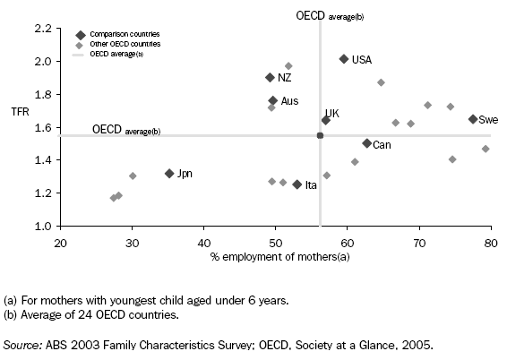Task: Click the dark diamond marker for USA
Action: (344, 59)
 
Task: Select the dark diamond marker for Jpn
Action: (168, 173)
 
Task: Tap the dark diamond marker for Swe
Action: (473, 119)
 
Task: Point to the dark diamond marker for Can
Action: (366, 143)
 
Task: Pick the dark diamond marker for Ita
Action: (297, 184)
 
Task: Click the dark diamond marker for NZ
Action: (270, 78)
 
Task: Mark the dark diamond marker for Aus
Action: (273, 101)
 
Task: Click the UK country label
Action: (331, 114)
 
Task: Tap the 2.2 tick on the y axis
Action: (41, 29)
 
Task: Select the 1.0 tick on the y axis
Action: (41, 226)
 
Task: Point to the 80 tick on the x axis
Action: (490, 242)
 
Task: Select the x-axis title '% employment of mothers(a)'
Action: (275, 258)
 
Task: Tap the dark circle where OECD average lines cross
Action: (320, 135)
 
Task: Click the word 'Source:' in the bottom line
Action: (23, 344)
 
